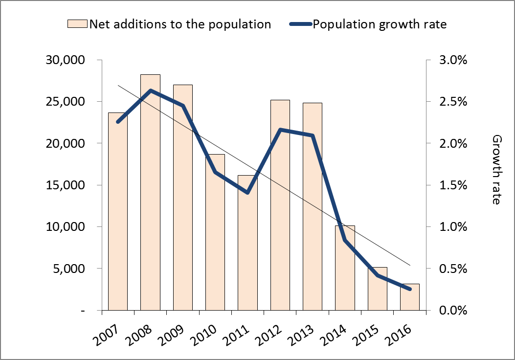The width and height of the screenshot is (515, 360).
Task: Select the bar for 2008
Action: tap(150, 196)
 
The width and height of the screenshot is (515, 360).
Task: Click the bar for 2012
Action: tap(280, 205)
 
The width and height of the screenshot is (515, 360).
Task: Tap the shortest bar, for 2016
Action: tap(410, 297)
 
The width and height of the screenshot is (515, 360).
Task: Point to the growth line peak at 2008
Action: tap(150, 90)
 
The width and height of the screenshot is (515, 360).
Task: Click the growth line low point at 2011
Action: tap(247, 192)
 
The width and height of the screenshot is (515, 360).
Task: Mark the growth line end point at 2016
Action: tap(410, 289)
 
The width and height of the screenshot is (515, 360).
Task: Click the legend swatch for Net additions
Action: tap(77, 24)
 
